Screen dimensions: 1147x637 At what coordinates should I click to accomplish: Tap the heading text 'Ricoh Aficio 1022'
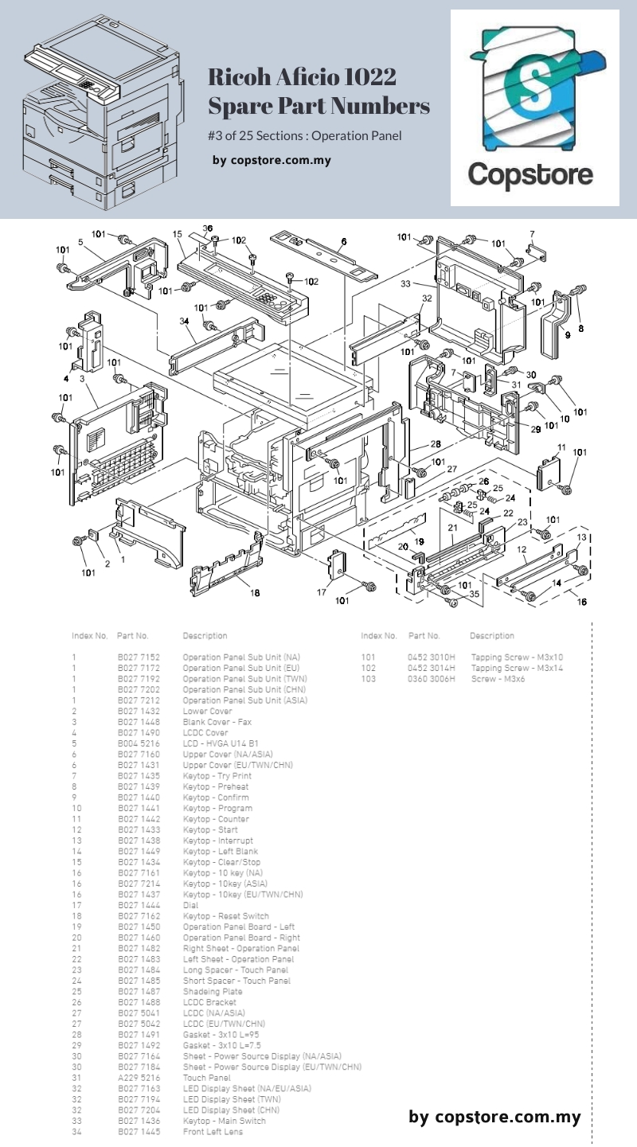303,77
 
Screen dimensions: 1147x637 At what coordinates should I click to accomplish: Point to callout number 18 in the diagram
255,591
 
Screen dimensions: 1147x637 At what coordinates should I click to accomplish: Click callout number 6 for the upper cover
344,241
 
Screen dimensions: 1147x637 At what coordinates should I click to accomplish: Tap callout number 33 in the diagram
406,283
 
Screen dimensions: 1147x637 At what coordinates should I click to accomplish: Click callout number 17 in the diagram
322,591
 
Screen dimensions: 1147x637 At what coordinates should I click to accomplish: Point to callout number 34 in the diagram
184,321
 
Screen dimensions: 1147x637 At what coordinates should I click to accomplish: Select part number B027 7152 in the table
139,657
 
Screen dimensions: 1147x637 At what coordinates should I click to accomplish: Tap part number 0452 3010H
431,657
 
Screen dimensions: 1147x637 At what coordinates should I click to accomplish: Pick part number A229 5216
139,1078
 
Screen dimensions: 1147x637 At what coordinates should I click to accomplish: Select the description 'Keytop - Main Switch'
225,1121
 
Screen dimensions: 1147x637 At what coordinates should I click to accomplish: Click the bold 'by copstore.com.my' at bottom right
494,1117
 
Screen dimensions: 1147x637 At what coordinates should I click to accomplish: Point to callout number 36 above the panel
207,228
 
